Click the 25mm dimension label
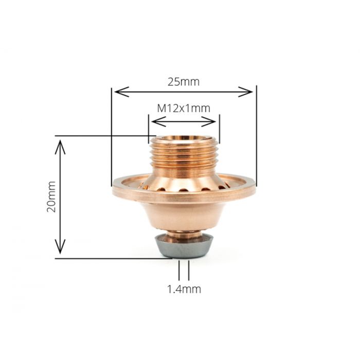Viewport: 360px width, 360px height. pos(184,81)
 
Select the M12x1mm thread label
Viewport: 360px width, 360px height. pos(184,109)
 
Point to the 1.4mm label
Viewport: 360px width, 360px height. pos(184,289)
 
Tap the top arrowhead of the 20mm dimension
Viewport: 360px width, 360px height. pos(61,143)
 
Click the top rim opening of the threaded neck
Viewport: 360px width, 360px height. pos(184,138)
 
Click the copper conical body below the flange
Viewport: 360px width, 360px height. pos(184,213)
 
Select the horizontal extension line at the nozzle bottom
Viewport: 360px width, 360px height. pos(113,258)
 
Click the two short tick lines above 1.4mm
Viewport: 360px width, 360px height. pos(184,270)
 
